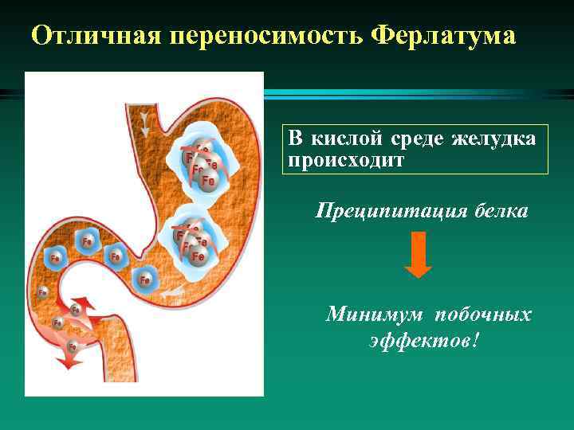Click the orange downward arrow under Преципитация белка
click(x=418, y=255)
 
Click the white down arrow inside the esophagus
click(x=144, y=123)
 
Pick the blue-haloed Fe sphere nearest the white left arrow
click(x=145, y=279)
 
